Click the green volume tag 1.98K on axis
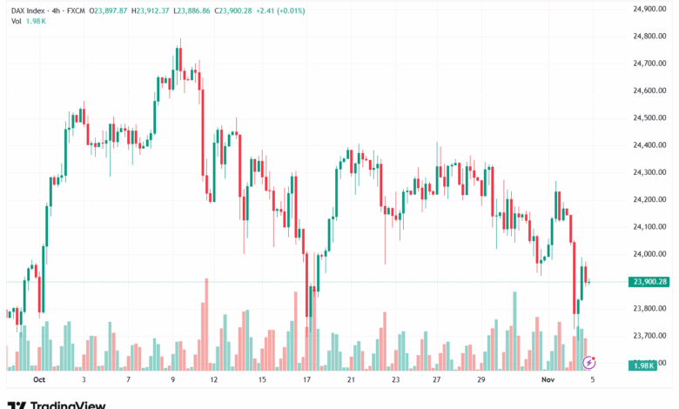point(643,365)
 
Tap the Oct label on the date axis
point(37,380)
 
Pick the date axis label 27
point(438,380)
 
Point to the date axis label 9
point(173,380)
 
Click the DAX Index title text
point(28,10)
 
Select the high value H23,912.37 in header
point(146,10)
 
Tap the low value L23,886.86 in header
point(197,10)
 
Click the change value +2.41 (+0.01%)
point(280,10)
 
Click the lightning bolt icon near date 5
point(588,361)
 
